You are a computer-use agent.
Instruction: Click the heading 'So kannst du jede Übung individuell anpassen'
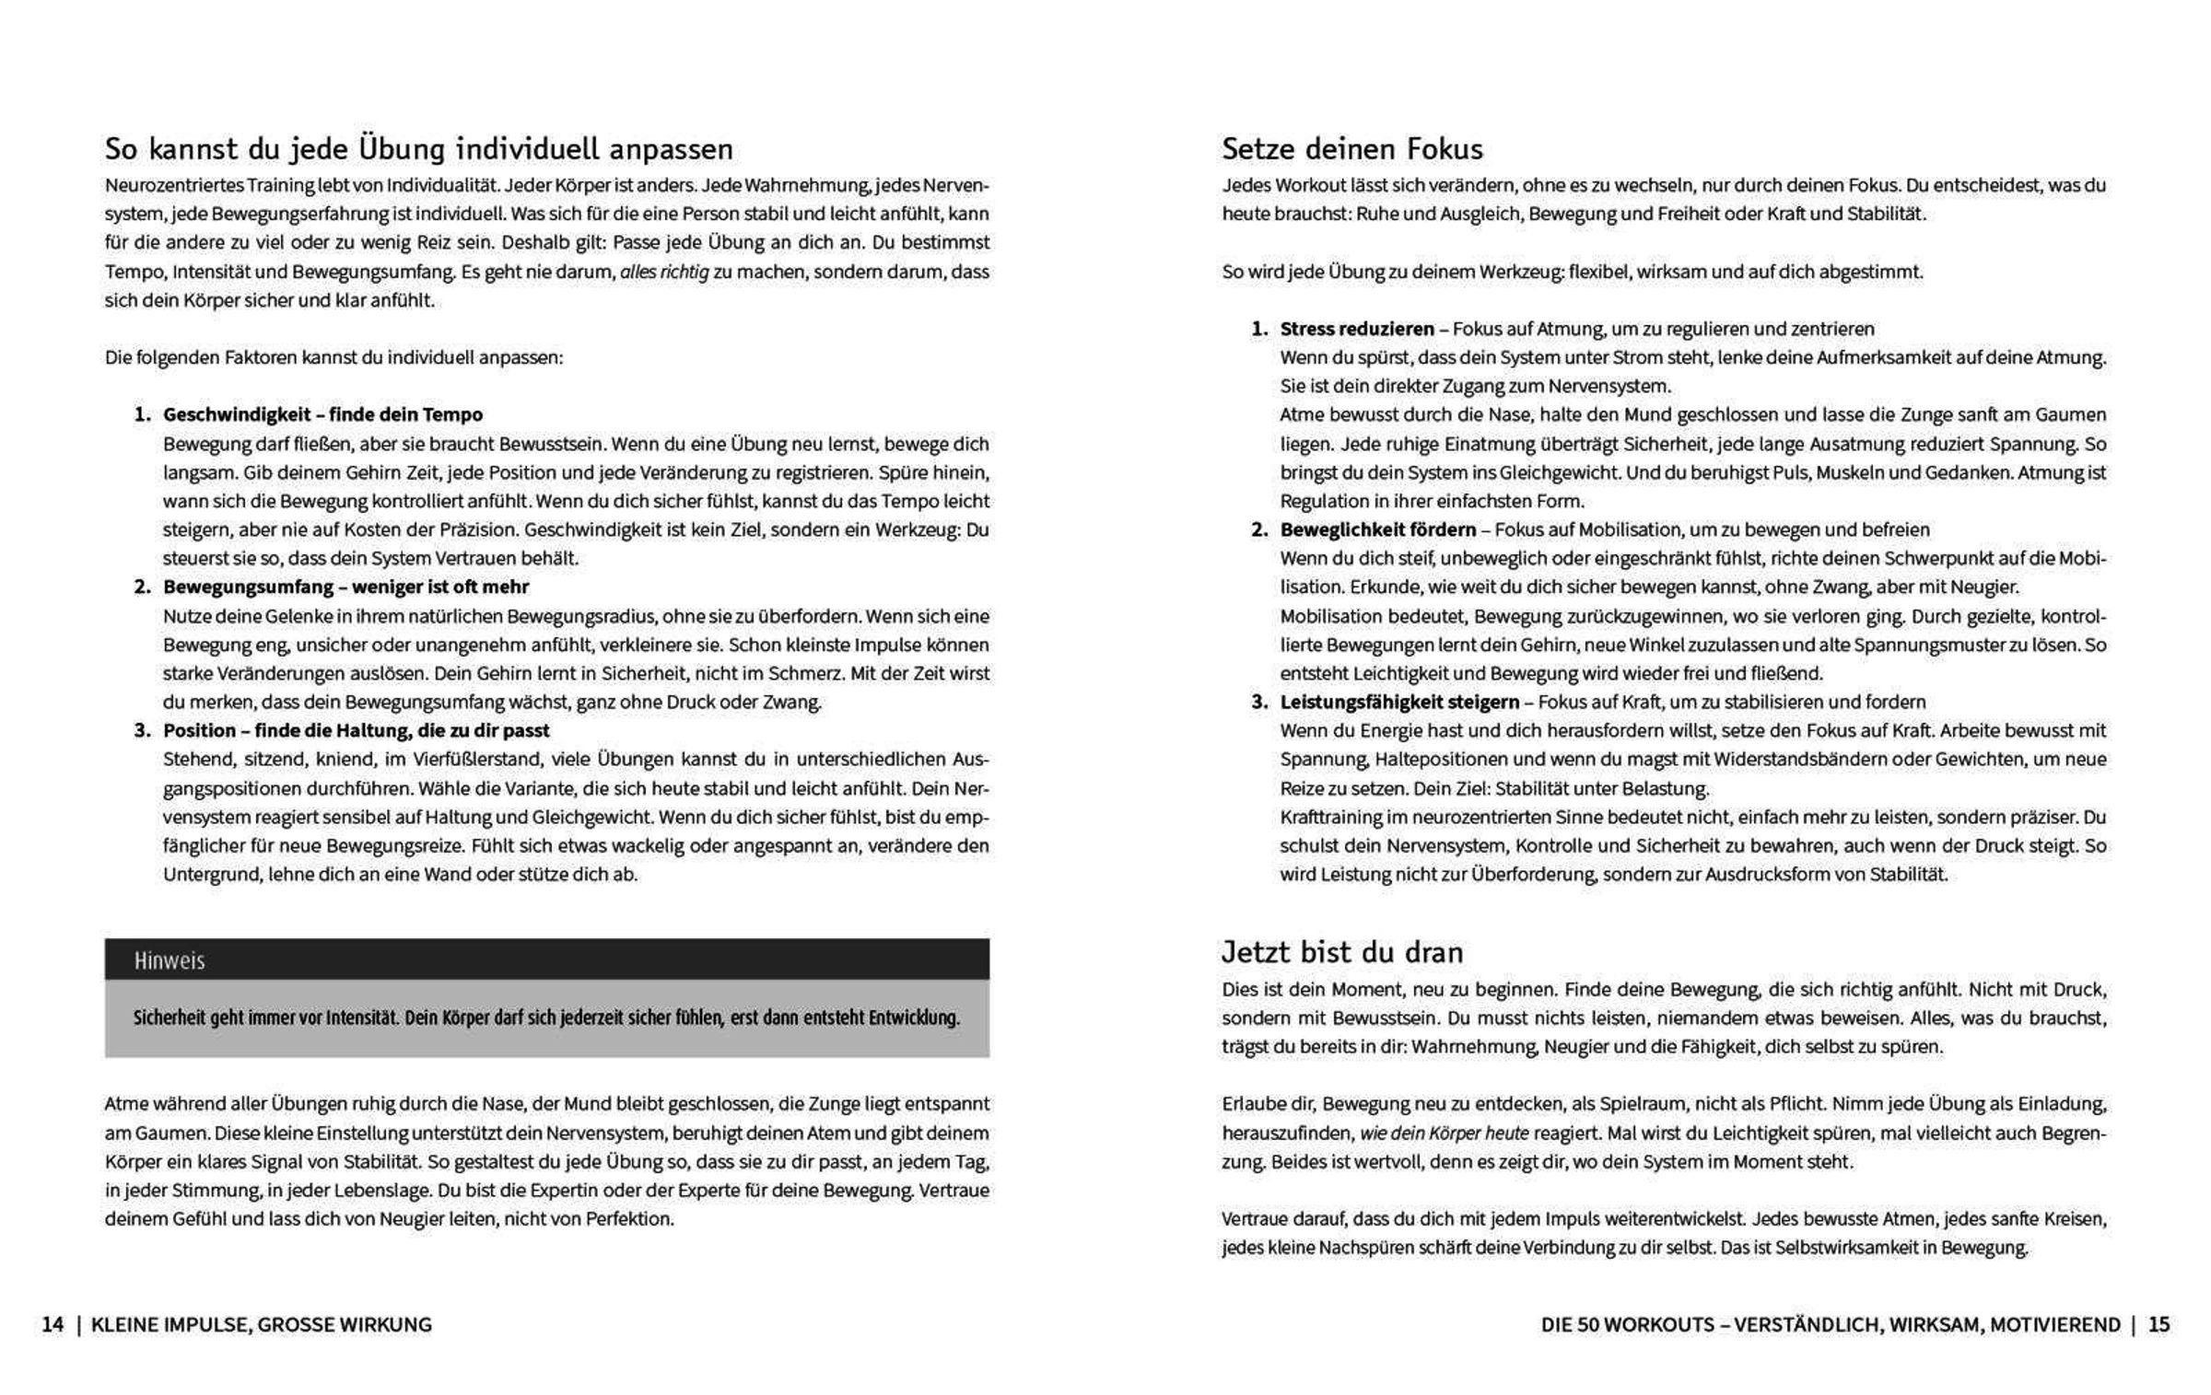[x=418, y=149]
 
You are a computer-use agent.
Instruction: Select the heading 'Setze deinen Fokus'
[x=1352, y=149]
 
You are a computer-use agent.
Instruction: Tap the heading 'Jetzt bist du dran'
[x=1342, y=951]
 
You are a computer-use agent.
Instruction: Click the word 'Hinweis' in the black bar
[x=170, y=961]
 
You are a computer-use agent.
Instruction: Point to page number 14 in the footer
[x=53, y=1324]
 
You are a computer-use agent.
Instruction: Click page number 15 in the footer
[x=2159, y=1324]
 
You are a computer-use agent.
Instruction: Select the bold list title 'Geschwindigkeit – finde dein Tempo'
[x=322, y=414]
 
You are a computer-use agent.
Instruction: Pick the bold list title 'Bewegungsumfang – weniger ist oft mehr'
[x=345, y=587]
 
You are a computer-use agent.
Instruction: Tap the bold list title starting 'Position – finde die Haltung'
[x=356, y=730]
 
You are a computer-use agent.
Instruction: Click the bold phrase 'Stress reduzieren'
[x=1357, y=329]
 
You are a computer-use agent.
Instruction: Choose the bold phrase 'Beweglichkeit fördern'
[x=1377, y=529]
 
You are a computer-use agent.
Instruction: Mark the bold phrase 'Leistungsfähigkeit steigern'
[x=1399, y=702]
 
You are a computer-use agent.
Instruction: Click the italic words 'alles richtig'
[x=664, y=272]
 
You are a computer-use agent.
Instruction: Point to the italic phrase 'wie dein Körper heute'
[x=1444, y=1133]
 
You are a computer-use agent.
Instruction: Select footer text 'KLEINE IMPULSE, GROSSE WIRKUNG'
[x=262, y=1324]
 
